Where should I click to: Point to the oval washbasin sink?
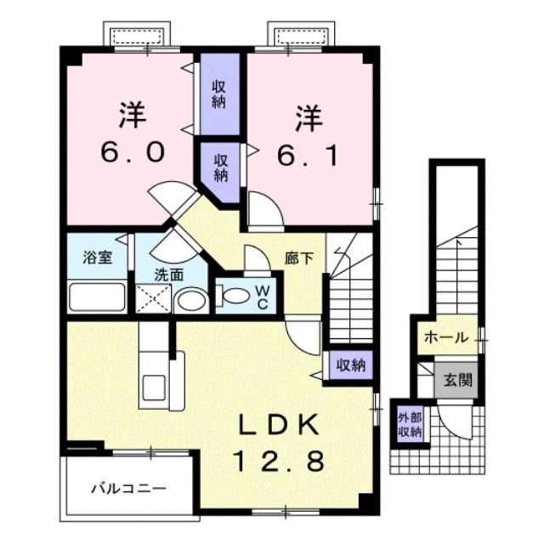pos(191,301)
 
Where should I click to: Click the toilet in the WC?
pos(232,297)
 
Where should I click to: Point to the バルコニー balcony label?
pos(128,489)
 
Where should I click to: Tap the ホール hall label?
pos(445,337)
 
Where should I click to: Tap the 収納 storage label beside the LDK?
pos(349,365)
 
